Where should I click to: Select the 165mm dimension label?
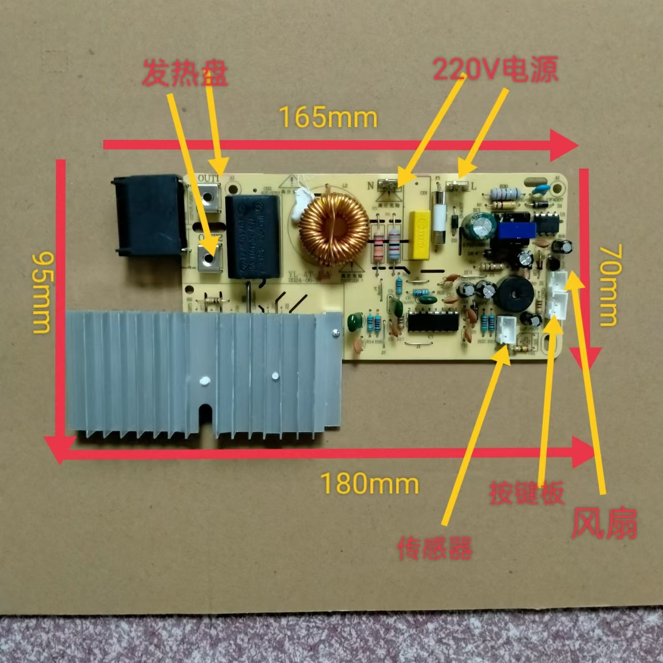(x=328, y=118)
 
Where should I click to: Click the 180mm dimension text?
(x=369, y=484)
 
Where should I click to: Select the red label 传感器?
(x=435, y=548)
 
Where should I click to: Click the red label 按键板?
(x=526, y=494)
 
